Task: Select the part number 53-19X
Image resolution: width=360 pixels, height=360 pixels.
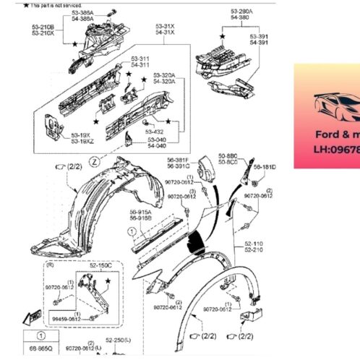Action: tap(81, 134)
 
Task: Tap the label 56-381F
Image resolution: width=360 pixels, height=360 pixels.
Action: tap(179, 160)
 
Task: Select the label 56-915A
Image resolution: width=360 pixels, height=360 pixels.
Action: tap(140, 211)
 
